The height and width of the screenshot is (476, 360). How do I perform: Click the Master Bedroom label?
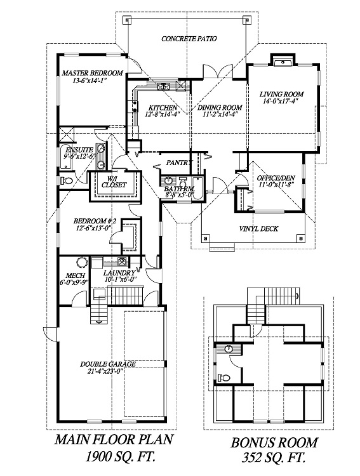tap(92, 73)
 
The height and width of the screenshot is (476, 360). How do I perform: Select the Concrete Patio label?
tap(189, 39)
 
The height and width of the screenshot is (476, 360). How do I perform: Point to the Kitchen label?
tap(163, 108)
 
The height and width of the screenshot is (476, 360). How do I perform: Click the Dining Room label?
tap(220, 107)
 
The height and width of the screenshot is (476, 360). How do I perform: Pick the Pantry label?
tap(180, 162)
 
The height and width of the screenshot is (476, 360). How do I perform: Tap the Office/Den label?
tap(276, 178)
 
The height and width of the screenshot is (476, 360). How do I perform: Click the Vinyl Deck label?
tap(259, 228)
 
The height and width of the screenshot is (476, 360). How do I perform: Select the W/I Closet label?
tap(114, 182)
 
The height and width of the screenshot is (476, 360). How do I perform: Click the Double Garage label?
tap(108, 364)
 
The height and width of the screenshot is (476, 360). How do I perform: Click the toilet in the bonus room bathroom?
tap(223, 378)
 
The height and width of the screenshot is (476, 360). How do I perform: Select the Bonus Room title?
tap(274, 442)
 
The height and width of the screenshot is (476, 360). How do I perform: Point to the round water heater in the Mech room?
tap(81, 262)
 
